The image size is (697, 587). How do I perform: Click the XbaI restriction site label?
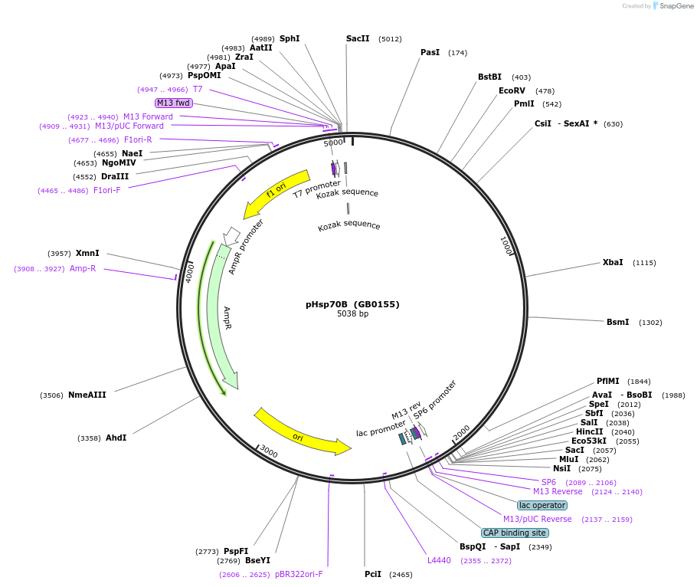pyautogui.click(x=613, y=262)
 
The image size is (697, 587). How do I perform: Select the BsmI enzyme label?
pyautogui.click(x=617, y=322)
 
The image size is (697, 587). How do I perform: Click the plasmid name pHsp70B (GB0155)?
pyautogui.click(x=352, y=304)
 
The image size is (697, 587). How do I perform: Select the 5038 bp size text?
pyautogui.click(x=352, y=314)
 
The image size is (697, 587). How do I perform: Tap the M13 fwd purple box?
pyautogui.click(x=173, y=103)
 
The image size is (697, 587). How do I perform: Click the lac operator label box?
pyautogui.click(x=542, y=505)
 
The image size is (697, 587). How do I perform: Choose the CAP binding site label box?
pyautogui.click(x=515, y=533)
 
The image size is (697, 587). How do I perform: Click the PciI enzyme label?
pyautogui.click(x=373, y=574)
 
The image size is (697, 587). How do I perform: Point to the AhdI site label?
pyautogui.click(x=116, y=438)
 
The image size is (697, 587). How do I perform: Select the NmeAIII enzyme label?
pyautogui.click(x=87, y=395)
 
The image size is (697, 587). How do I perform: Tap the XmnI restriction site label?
pyautogui.click(x=87, y=253)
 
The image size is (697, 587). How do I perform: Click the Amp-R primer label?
pyautogui.click(x=83, y=268)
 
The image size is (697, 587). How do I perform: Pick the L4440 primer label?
pyautogui.click(x=439, y=560)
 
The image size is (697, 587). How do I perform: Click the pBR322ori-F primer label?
pyautogui.click(x=299, y=574)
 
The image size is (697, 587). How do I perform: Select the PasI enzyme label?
pyautogui.click(x=430, y=52)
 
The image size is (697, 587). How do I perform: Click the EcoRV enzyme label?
pyautogui.click(x=512, y=90)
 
